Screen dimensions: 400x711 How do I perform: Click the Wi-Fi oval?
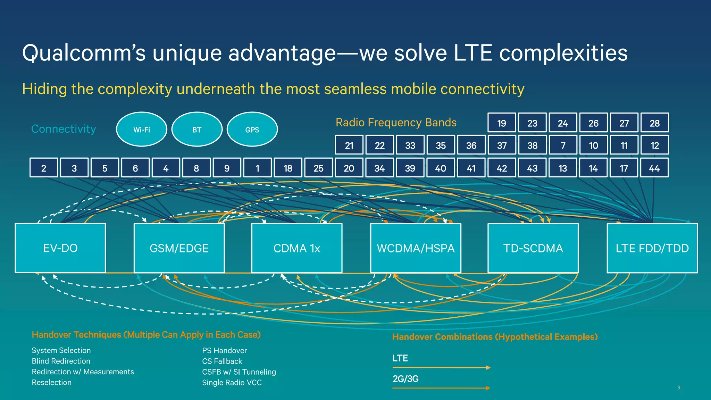coord(142,130)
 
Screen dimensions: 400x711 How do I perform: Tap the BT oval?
coord(197,130)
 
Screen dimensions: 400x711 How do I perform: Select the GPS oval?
coord(252,130)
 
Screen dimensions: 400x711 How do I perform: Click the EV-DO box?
coord(60,248)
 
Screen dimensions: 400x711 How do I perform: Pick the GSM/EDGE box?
coord(179,248)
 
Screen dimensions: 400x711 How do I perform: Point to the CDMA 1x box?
coord(297,248)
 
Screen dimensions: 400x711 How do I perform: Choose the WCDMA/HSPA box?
coord(416,248)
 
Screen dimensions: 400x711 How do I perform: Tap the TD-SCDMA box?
coord(533,248)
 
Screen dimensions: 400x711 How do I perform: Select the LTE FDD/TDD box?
coord(652,248)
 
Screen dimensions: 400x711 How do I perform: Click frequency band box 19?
coord(502,123)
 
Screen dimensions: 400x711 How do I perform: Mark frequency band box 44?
coord(654,168)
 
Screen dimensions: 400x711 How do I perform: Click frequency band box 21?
coord(349,145)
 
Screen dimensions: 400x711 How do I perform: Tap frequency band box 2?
coord(44,168)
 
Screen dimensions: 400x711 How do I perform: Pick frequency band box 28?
coord(654,123)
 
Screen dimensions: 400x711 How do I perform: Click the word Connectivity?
coord(64,129)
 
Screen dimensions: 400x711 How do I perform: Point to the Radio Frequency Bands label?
coord(396,122)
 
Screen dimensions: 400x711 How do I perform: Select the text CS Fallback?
coord(222,361)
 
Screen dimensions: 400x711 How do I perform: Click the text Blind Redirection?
coord(61,361)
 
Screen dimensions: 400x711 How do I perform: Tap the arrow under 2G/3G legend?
coord(441,388)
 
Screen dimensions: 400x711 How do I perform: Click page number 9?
coord(679,387)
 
